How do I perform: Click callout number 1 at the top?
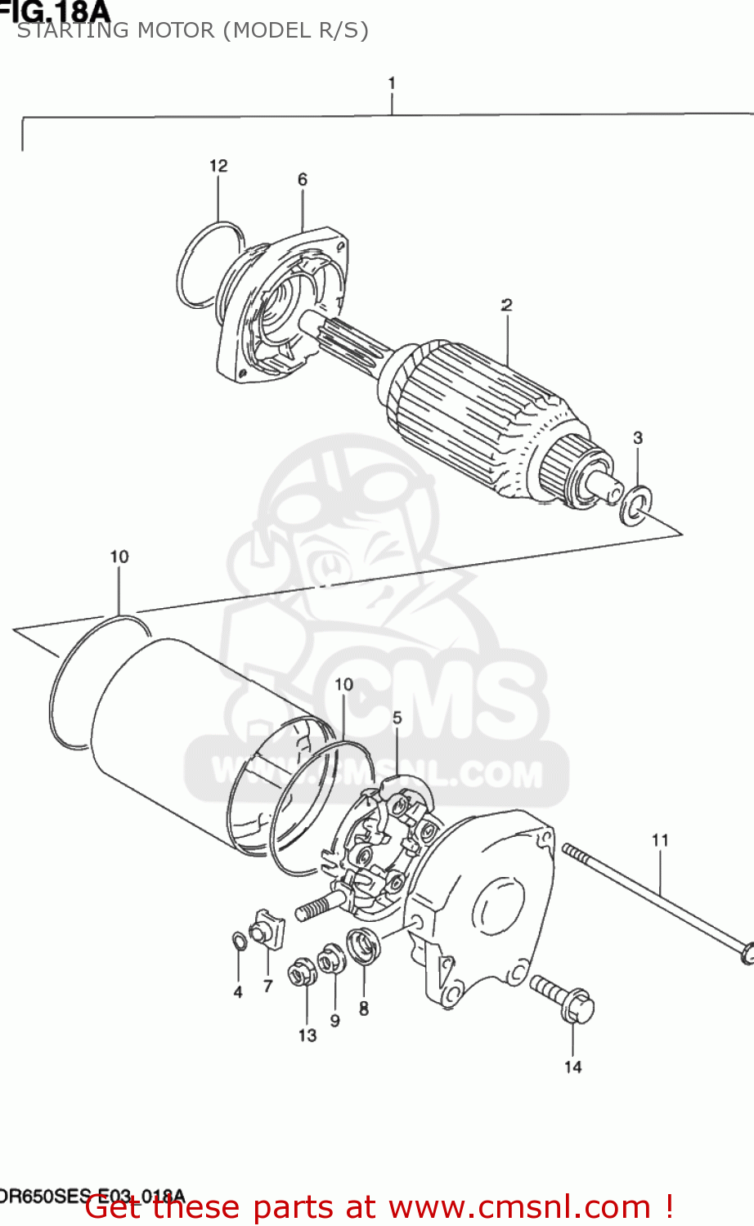pyautogui.click(x=392, y=83)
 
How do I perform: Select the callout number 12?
pyautogui.click(x=218, y=166)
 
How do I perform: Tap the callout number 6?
pyautogui.click(x=303, y=180)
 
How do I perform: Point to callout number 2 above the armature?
pyautogui.click(x=507, y=305)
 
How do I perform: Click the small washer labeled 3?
pyautogui.click(x=636, y=506)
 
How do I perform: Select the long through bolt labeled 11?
pyautogui.click(x=654, y=899)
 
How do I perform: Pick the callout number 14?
pyautogui.click(x=572, y=1067)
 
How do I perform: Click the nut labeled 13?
pyautogui.click(x=300, y=974)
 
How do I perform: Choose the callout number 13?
pyautogui.click(x=307, y=1036)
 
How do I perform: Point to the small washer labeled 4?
pyautogui.click(x=237, y=942)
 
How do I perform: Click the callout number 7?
pyautogui.click(x=267, y=987)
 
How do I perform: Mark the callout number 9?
pyautogui.click(x=334, y=1020)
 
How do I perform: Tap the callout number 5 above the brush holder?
pyautogui.click(x=397, y=718)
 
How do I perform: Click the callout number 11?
pyautogui.click(x=660, y=840)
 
